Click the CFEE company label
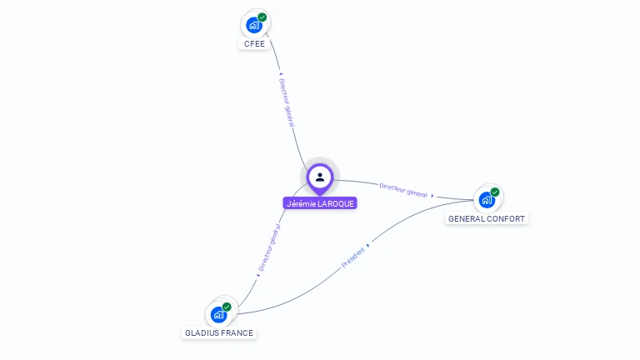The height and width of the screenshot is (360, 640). pyautogui.click(x=254, y=43)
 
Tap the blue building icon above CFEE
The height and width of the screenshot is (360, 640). pyautogui.click(x=253, y=25)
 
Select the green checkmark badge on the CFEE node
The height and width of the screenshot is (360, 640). pyautogui.click(x=262, y=17)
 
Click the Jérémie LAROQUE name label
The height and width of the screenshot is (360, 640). pyautogui.click(x=320, y=203)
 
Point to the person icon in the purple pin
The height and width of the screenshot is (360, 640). pyautogui.click(x=320, y=177)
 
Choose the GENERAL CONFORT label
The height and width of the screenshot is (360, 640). pyautogui.click(x=487, y=218)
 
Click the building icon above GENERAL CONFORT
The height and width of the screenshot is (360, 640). pyautogui.click(x=486, y=200)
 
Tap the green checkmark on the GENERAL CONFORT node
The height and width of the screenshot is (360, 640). pyautogui.click(x=495, y=192)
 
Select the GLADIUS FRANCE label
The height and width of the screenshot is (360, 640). pyautogui.click(x=219, y=332)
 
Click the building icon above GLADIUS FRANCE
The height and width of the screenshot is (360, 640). pyautogui.click(x=218, y=314)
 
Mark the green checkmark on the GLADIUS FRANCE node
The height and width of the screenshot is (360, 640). pyautogui.click(x=227, y=307)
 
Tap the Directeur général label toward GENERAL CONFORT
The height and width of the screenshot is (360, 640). pyautogui.click(x=403, y=189)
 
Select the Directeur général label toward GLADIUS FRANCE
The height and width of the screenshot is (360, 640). pyautogui.click(x=269, y=247)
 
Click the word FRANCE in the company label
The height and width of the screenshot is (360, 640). pyautogui.click(x=237, y=332)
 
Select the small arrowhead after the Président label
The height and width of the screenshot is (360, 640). pyautogui.click(x=368, y=246)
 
